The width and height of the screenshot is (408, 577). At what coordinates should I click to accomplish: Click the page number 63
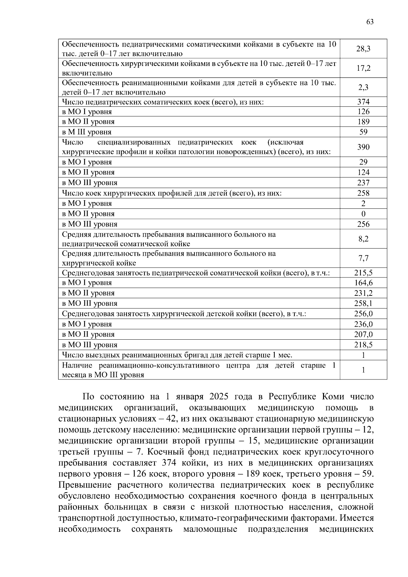tap(370, 22)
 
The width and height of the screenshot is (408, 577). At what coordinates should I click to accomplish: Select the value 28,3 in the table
tap(363, 49)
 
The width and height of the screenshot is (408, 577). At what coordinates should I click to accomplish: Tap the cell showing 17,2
tap(363, 68)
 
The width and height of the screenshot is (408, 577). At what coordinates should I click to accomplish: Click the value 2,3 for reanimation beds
tap(363, 87)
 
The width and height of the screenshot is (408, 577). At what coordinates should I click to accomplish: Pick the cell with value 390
tap(363, 147)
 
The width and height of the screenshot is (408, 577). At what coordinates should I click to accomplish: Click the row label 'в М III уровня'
tap(87, 132)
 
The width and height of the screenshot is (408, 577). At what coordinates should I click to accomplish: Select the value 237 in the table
tap(363, 183)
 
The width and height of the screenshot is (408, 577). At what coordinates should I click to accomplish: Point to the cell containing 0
tap(363, 214)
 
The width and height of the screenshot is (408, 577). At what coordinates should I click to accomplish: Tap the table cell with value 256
tap(363, 224)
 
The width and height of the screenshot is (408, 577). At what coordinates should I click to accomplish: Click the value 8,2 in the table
tap(363, 239)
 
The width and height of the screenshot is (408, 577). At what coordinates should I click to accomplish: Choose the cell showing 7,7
tap(363, 258)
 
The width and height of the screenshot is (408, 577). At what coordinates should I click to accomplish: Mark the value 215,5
tap(363, 273)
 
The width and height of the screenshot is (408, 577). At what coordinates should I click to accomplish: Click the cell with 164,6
tap(363, 283)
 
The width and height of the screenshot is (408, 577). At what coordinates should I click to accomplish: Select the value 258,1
tap(363, 303)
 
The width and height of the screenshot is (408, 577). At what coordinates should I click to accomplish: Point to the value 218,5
tap(363, 345)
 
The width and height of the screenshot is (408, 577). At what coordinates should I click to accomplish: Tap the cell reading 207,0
tap(363, 335)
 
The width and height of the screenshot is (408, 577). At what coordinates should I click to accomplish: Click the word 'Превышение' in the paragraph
tap(84, 485)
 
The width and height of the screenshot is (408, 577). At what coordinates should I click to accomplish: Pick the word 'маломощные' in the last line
tap(210, 529)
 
